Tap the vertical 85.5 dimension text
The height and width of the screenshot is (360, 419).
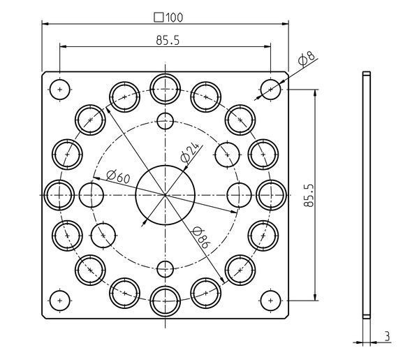coord(328,195)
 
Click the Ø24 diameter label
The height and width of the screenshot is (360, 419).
coord(189,152)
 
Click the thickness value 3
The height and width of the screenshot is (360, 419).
coord(387,336)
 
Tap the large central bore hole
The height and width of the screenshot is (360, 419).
coord(165,194)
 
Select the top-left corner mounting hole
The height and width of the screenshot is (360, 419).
coord(60,89)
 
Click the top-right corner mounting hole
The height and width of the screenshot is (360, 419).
coord(270,89)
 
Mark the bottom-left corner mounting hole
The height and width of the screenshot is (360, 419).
coord(60,300)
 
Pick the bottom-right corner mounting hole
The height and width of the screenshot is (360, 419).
coord(270,300)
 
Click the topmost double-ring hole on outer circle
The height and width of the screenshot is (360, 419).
coord(165,87)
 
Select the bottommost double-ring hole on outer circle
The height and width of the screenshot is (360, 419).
coord(165,301)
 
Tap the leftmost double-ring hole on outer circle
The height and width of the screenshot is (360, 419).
coord(58,194)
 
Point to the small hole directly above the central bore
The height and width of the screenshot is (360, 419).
coord(165,120)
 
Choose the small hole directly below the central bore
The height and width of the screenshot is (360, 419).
coord(165,268)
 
